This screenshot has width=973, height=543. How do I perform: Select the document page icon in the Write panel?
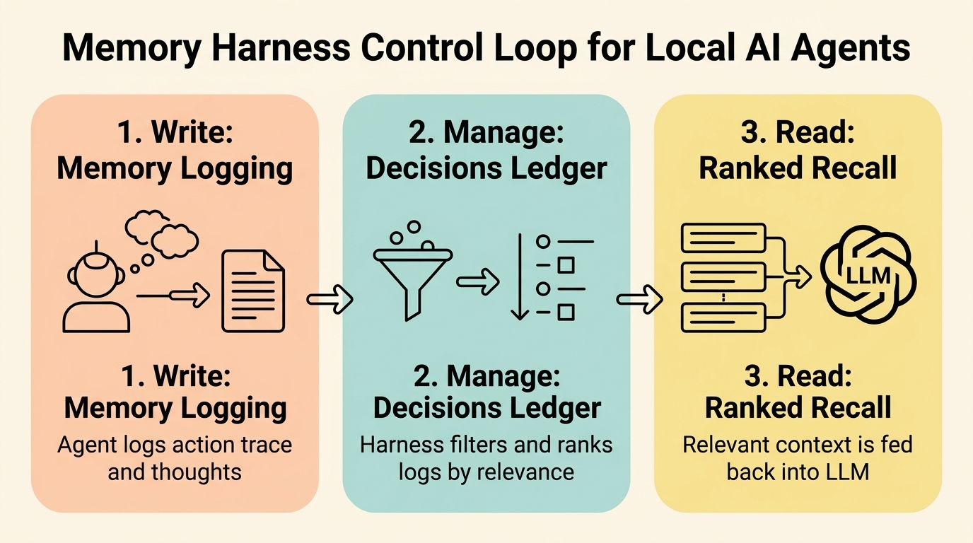click(254, 291)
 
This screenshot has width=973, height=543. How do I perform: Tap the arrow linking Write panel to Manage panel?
click(330, 299)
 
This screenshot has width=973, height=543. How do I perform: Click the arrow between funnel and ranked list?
click(478, 281)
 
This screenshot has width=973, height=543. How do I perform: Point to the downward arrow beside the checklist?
click(520, 276)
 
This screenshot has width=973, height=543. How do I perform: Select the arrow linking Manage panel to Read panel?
click(639, 299)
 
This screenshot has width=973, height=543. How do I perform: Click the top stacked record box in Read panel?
click(723, 238)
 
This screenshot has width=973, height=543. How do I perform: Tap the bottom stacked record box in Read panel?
click(723, 317)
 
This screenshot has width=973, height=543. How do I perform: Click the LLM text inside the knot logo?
click(868, 275)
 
